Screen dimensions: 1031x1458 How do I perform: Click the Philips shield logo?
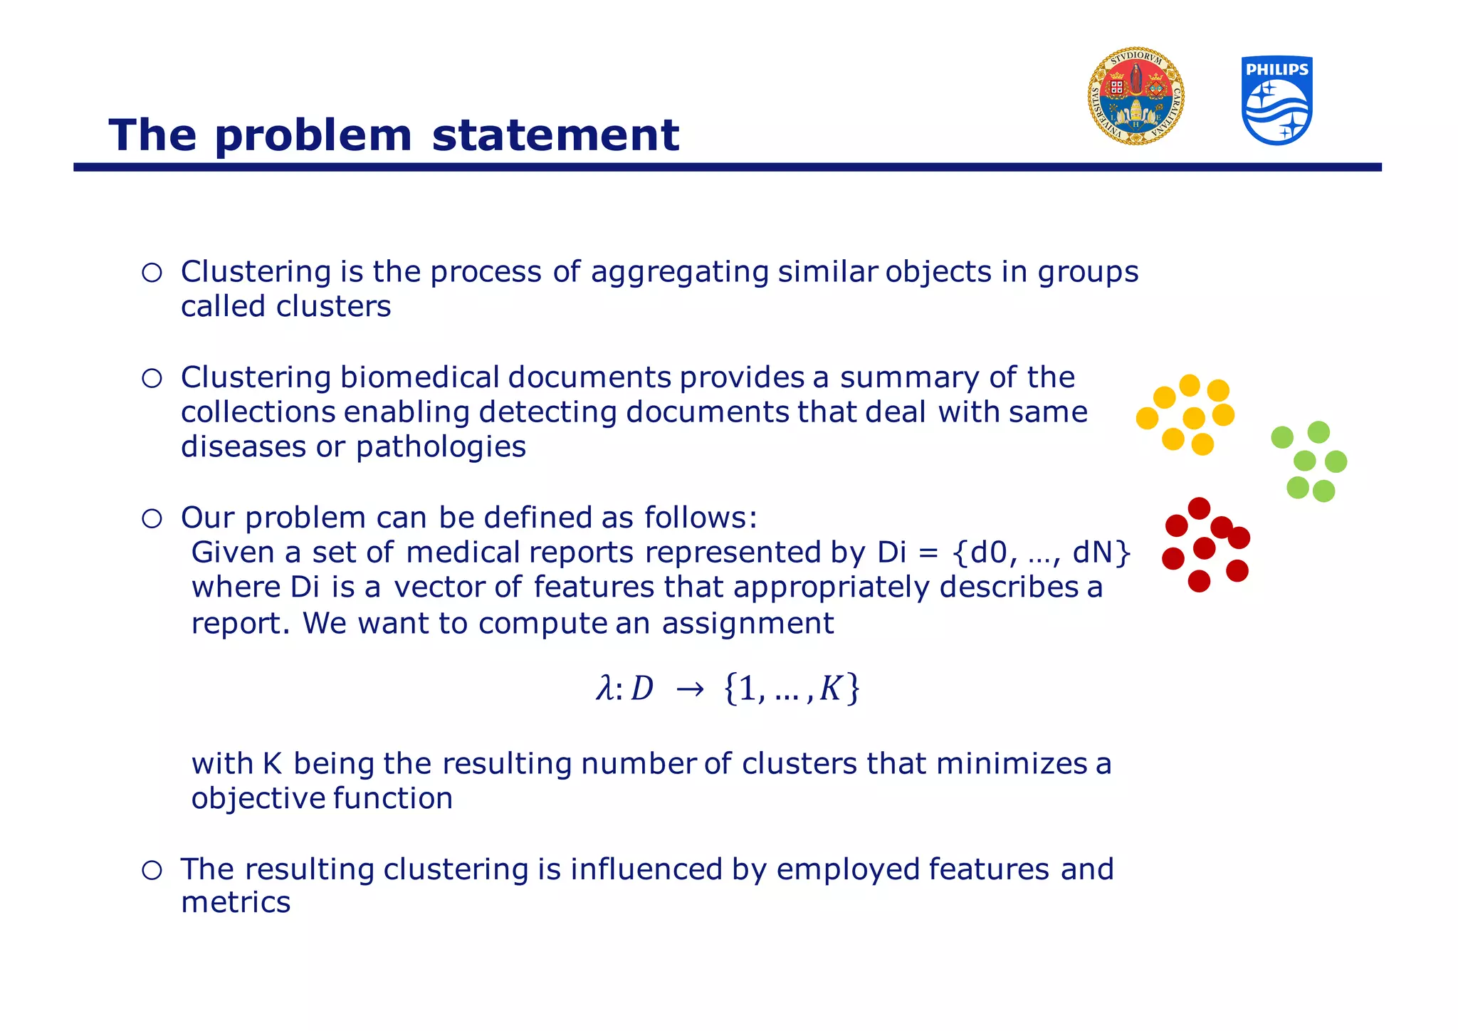click(x=1277, y=100)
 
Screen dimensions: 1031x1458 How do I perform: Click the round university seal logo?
click(x=1136, y=97)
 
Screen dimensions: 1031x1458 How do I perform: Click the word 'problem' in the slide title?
click(x=313, y=135)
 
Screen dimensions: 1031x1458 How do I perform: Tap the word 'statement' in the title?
click(x=555, y=135)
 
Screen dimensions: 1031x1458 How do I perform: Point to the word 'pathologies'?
click(x=441, y=447)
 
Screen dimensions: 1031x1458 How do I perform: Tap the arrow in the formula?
click(x=689, y=689)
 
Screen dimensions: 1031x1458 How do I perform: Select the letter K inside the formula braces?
click(x=831, y=689)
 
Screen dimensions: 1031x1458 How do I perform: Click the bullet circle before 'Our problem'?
click(x=152, y=518)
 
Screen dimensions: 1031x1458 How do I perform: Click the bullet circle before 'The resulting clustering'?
click(x=152, y=870)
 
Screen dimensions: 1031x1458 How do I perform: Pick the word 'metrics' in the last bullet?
click(x=236, y=903)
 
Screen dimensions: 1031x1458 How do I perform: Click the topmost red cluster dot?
click(x=1199, y=508)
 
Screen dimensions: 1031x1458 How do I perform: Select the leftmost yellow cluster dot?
click(x=1147, y=418)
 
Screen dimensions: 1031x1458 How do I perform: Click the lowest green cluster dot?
click(x=1323, y=491)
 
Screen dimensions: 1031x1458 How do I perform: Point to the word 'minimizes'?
click(x=1011, y=764)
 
